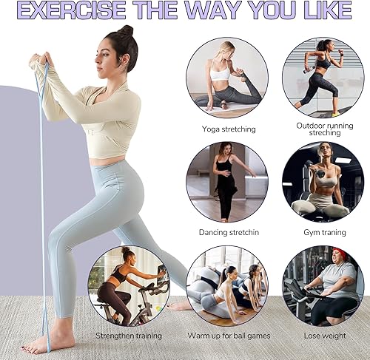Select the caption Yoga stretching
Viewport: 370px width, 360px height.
pyautogui.click(x=229, y=129)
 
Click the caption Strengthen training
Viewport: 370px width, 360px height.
pyautogui.click(x=128, y=335)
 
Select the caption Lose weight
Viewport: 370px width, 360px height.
pyautogui.click(x=323, y=335)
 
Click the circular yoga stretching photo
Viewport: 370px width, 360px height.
pyautogui.click(x=227, y=78)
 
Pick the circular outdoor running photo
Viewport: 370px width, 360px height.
pyautogui.click(x=323, y=78)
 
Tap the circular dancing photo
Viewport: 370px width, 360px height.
pyautogui.click(x=227, y=182)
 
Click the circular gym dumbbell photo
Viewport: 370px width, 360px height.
pyautogui.click(x=323, y=182)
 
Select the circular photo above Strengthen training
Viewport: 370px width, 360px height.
pyautogui.click(x=128, y=285)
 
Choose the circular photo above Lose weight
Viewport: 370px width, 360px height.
pyautogui.click(x=323, y=285)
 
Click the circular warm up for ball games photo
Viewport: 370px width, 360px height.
pyautogui.click(x=227, y=285)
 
